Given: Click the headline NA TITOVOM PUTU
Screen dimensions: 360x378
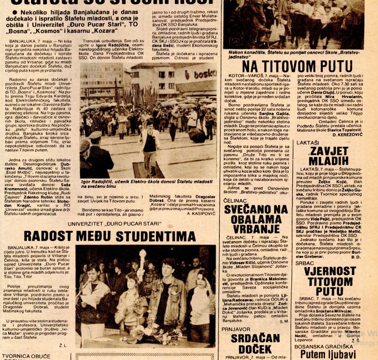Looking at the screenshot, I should [x=297, y=66].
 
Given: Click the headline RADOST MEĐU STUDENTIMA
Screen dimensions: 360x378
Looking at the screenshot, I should [x=110, y=236].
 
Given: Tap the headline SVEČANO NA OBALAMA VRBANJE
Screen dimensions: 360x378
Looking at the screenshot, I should [x=256, y=219].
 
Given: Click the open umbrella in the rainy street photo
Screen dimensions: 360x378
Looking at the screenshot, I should [x=197, y=135].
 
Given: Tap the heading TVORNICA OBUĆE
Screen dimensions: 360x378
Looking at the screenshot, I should [x=26, y=356].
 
